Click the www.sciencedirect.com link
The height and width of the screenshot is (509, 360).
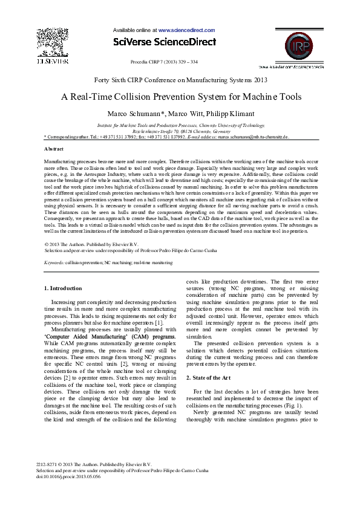(186, 29)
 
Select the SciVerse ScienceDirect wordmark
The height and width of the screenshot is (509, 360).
(164, 42)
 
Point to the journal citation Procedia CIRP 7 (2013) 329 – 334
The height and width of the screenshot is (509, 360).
(164, 62)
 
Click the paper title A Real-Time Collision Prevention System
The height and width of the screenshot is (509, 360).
(180, 97)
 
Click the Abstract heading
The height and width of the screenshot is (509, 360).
(54, 148)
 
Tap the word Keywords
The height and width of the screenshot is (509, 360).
(54, 263)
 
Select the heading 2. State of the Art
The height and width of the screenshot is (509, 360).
(209, 377)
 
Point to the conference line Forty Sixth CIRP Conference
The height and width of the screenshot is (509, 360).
(180, 80)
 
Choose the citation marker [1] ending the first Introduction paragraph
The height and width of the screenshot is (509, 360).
(157, 322)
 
